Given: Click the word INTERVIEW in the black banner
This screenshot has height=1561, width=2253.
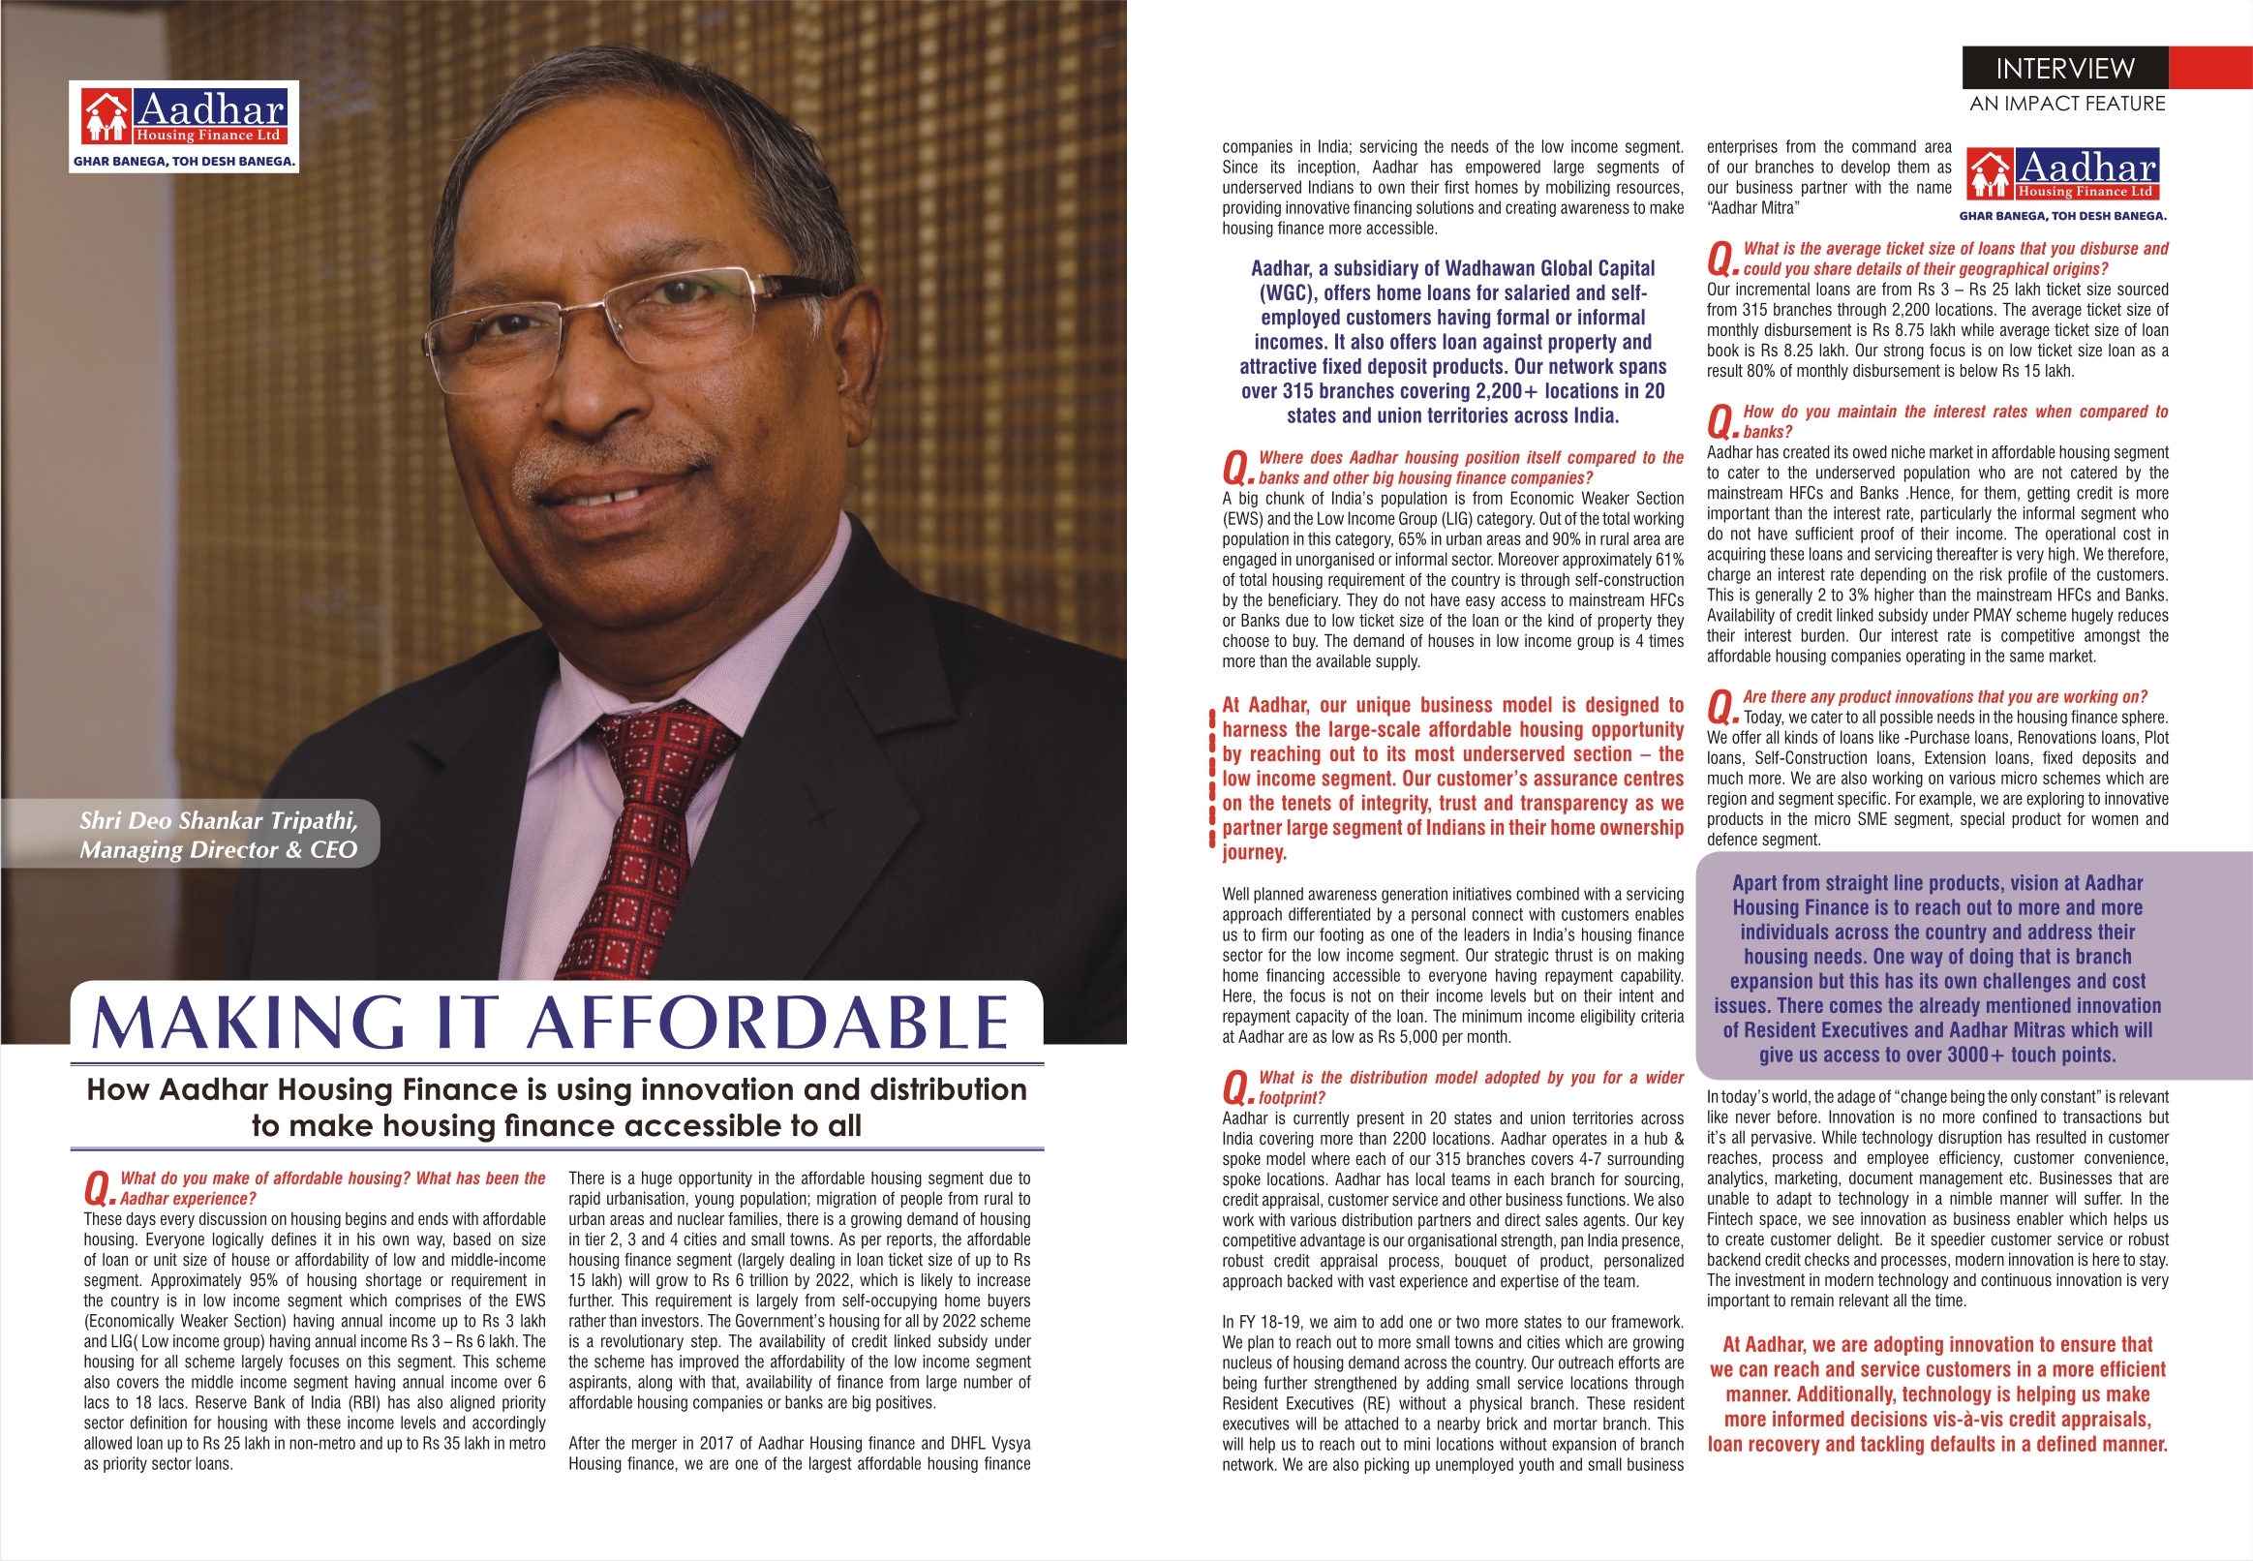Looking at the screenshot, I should coord(2064,69).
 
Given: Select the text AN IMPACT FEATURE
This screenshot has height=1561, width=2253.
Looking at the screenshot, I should coord(2067,104).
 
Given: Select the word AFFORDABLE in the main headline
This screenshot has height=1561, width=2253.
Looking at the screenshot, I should coord(768,1023).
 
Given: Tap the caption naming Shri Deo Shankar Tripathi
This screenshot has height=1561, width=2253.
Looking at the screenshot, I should coord(218,835).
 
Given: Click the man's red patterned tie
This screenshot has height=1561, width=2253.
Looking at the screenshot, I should coord(646,832).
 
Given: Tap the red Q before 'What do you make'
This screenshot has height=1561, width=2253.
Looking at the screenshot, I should coord(98,1189).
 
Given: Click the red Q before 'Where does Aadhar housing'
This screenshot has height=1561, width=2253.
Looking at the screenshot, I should coord(1236,469).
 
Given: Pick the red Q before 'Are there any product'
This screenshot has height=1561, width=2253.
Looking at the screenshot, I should coord(1721,706).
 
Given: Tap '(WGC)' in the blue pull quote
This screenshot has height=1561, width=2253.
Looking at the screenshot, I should coord(1286,292).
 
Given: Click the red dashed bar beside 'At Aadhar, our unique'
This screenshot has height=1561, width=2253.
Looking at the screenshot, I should coord(1212,779).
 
